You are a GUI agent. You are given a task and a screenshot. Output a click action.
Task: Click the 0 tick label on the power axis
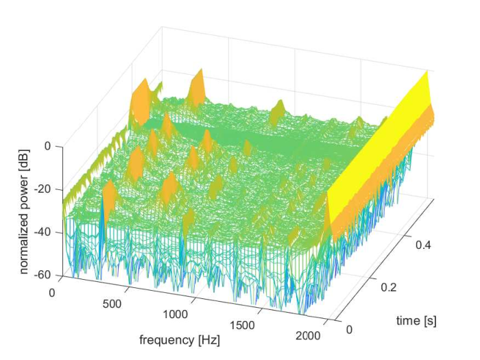click(47, 145)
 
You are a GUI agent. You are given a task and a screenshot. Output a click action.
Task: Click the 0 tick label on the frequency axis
click(52, 293)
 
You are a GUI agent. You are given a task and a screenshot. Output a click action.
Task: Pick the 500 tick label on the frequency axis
click(112, 304)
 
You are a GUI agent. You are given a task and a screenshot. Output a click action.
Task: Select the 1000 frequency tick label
click(175, 314)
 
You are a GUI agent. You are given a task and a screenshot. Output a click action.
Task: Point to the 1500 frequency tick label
click(242, 325)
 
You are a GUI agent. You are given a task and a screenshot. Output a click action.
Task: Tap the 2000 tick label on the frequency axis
click(308, 335)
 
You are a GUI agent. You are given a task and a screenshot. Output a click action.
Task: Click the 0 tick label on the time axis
click(349, 329)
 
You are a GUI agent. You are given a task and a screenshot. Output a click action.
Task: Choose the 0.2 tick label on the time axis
click(389, 287)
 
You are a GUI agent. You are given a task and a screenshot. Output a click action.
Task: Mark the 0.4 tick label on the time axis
click(423, 245)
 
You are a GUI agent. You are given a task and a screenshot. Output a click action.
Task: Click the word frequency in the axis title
click(167, 340)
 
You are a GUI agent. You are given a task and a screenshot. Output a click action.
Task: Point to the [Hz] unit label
click(208, 340)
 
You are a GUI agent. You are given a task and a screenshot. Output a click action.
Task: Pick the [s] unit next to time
click(430, 321)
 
